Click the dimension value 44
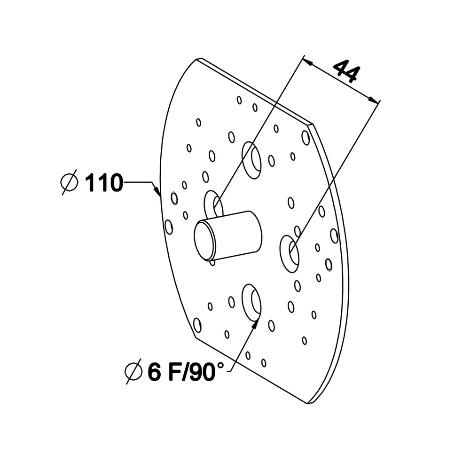[346, 71]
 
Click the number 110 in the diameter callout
[104, 182]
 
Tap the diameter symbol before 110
[70, 182]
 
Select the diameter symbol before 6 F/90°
[133, 372]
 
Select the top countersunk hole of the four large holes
[251, 160]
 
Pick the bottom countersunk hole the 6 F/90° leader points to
[251, 303]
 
